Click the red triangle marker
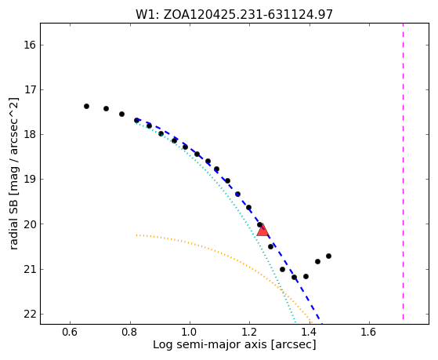(x=262, y=231)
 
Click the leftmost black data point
(x=87, y=107)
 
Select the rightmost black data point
(x=328, y=256)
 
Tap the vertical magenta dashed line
(x=403, y=171)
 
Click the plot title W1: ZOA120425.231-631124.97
(x=234, y=14)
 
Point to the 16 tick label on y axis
(x=30, y=45)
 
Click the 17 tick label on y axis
(x=30, y=89)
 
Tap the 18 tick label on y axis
(x=30, y=135)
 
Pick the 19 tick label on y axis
(x=30, y=180)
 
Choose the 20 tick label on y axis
(x=30, y=224)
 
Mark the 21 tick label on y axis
(x=30, y=269)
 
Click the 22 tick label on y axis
(x=30, y=315)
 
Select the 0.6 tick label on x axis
(x=70, y=332)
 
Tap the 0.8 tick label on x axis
(x=130, y=332)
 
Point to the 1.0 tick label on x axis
(x=190, y=332)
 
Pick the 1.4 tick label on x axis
(x=309, y=332)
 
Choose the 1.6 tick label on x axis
(x=369, y=332)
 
